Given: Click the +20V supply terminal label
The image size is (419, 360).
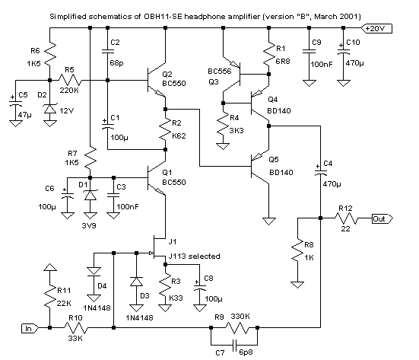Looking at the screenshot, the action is click(376, 28).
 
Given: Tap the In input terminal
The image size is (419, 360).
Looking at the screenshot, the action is click(30, 328).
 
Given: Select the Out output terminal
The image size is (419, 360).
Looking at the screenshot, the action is click(382, 218).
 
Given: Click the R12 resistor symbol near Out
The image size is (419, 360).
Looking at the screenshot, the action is click(346, 218).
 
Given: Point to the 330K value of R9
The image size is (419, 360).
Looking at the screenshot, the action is click(240, 317).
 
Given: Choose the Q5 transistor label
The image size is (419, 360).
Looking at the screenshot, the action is click(273, 159).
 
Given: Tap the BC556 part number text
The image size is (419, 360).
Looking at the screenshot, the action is click(220, 71).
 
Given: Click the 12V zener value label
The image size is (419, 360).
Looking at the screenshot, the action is click(66, 110).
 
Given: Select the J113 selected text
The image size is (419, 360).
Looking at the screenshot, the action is click(194, 256).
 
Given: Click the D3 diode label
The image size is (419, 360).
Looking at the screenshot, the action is click(144, 296).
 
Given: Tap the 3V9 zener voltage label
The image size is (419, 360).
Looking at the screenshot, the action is click(89, 226).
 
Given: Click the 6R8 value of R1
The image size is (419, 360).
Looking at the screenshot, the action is click(282, 61).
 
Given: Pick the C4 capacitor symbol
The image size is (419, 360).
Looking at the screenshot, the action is click(320, 172).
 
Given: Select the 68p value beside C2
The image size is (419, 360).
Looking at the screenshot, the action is click(116, 63).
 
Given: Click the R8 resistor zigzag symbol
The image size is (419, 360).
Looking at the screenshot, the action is click(297, 250).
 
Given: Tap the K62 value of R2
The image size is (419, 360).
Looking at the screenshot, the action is click(179, 136).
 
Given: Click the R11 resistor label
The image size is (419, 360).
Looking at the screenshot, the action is click(64, 290).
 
